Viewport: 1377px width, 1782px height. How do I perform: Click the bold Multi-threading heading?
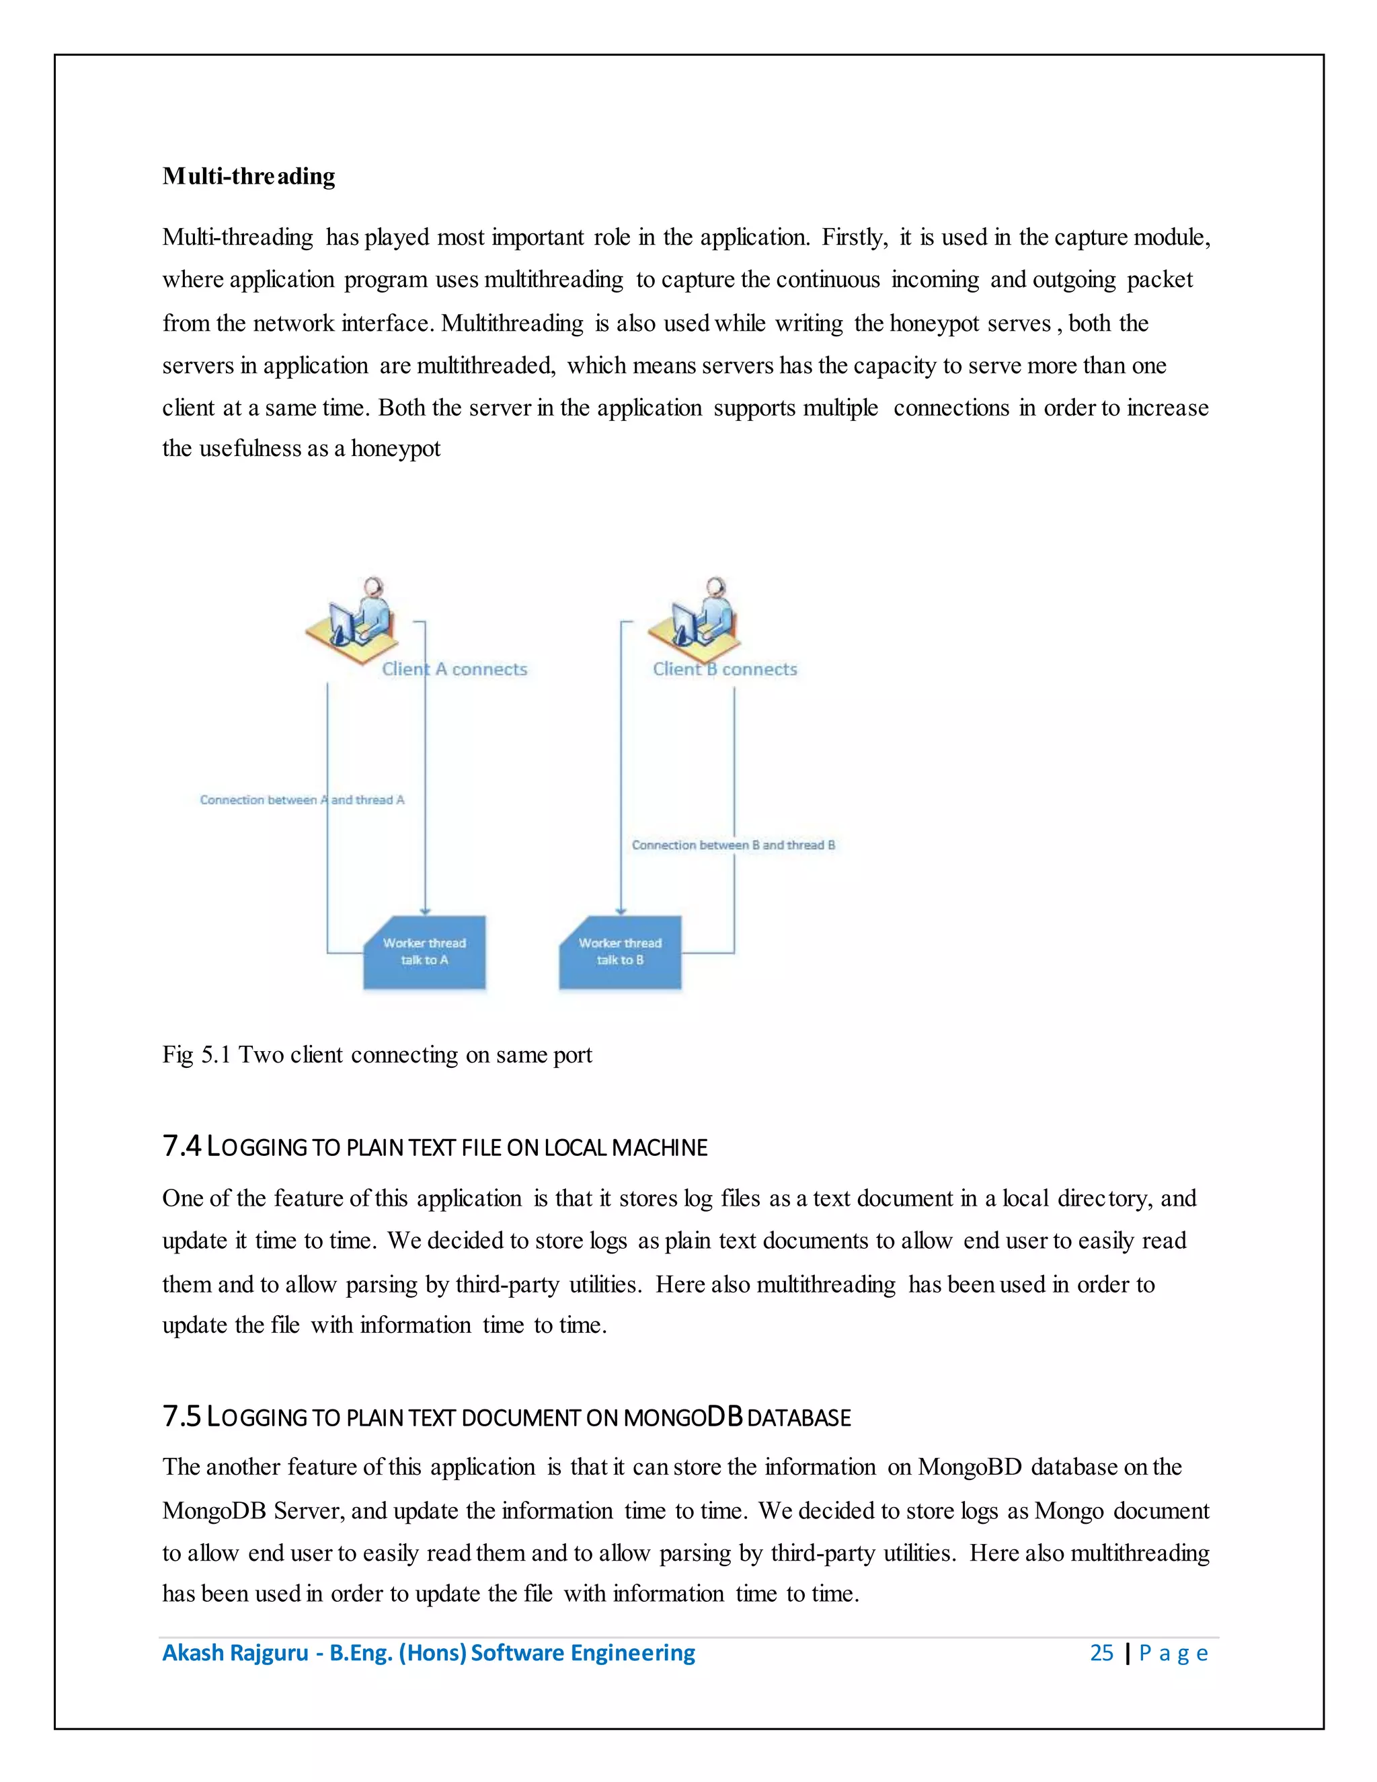[249, 176]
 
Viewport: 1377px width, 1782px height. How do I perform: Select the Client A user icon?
[352, 622]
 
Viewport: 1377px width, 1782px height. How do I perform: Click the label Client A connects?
[455, 669]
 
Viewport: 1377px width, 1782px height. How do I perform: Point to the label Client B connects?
[724, 669]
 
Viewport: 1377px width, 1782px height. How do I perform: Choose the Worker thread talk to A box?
[424, 952]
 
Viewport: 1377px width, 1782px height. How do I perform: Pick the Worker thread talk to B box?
[620, 952]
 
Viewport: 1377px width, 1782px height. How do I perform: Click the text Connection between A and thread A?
[302, 800]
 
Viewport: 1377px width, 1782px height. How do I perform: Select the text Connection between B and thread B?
[734, 845]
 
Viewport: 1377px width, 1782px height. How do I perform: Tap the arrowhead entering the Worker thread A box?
[425, 911]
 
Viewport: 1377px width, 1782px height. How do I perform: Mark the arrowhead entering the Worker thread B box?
[621, 911]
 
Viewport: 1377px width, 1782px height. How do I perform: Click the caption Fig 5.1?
[196, 1055]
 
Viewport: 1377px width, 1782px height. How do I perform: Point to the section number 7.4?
[181, 1147]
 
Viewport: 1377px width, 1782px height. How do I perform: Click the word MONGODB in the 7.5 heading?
[683, 1418]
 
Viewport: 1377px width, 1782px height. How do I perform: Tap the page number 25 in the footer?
[1101, 1653]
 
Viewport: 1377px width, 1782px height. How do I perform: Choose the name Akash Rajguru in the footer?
[235, 1653]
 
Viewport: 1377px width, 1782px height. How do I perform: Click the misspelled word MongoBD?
[969, 1467]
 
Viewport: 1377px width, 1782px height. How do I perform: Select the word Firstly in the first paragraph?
[854, 237]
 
